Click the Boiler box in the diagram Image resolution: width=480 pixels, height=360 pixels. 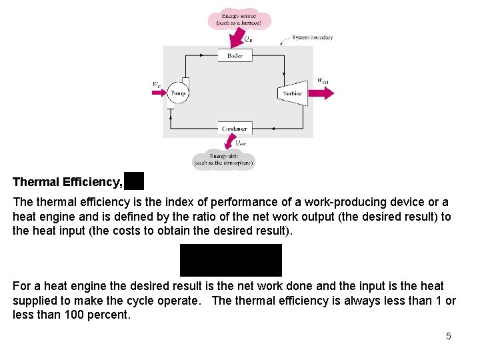pyautogui.click(x=235, y=56)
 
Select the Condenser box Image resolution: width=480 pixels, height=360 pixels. pyautogui.click(x=235, y=128)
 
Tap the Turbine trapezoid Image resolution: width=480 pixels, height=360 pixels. pyautogui.click(x=292, y=93)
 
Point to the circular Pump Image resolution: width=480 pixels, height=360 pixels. pyautogui.click(x=177, y=93)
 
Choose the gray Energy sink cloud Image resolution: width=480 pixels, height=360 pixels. pyautogui.click(x=223, y=159)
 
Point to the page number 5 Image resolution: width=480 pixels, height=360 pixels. pyautogui.click(x=449, y=336)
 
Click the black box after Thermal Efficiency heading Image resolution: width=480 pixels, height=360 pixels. pyautogui.click(x=133, y=181)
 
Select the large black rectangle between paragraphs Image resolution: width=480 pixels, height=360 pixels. pyautogui.click(x=231, y=260)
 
